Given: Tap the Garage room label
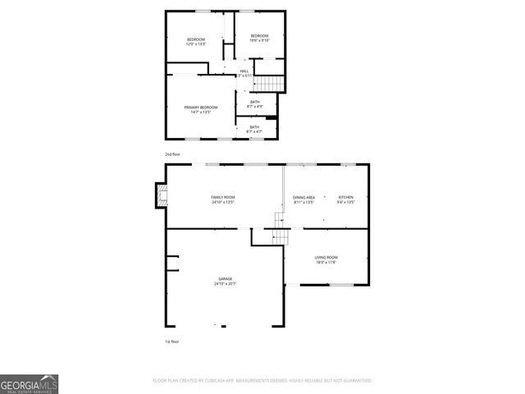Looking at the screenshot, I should coord(224,279).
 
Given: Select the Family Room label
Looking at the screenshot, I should coord(222,198).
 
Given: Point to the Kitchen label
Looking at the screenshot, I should coord(345,198).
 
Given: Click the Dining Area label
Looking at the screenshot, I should coord(304,198).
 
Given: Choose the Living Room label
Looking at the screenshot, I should coord(326,258).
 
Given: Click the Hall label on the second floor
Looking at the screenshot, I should coord(244,71).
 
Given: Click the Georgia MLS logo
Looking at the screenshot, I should coord(29,383).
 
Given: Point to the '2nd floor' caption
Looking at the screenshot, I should coord(172,153).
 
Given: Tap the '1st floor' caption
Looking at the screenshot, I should coord(172,341).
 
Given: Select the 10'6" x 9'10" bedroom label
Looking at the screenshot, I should coord(259,38).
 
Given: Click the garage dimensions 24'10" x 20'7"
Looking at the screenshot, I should coord(224,284).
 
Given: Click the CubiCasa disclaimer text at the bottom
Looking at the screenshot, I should coord(262,381).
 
